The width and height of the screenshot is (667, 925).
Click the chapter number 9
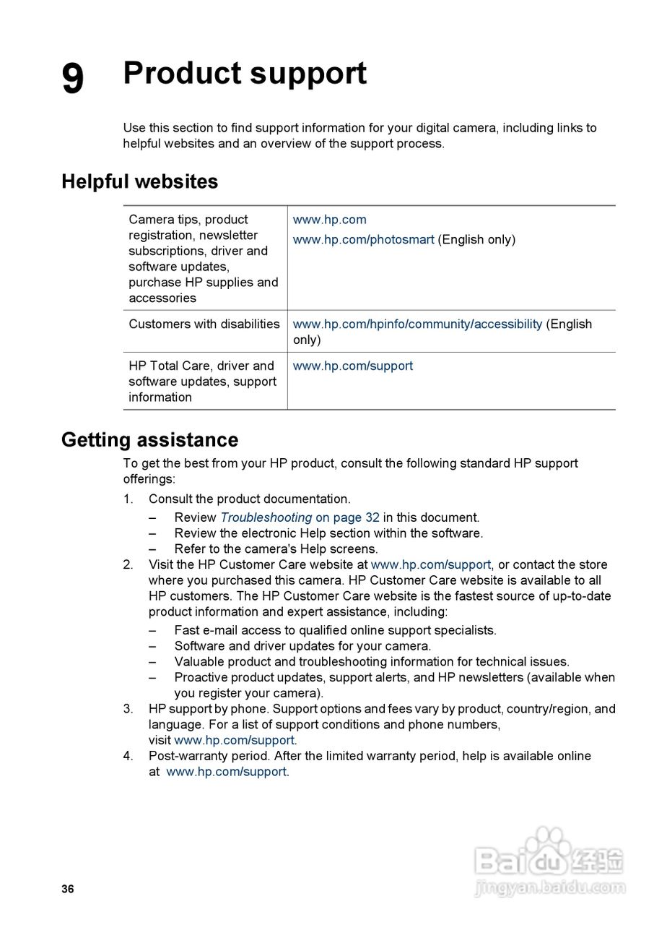click(72, 78)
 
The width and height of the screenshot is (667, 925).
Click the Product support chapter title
click(245, 73)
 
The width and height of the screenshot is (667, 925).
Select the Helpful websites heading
click(139, 181)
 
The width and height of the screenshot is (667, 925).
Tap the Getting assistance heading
click(149, 439)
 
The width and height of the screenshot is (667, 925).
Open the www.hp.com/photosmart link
click(363, 239)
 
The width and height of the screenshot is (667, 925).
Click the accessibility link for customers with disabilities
click(417, 324)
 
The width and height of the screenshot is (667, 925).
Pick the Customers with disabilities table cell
click(204, 324)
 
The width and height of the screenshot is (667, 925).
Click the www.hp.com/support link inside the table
click(352, 366)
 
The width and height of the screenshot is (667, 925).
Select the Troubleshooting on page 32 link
click(300, 517)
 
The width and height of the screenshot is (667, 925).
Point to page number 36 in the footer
click(68, 889)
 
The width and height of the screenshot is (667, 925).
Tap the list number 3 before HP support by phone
click(128, 709)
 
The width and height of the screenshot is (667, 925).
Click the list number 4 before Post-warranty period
click(128, 755)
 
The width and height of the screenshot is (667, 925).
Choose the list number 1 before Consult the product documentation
click(128, 499)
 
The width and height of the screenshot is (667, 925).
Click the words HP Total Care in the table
click(171, 366)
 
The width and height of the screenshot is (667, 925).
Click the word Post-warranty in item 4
click(189, 755)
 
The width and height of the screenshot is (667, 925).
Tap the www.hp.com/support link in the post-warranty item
click(226, 771)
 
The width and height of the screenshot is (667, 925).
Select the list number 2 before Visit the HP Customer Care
click(128, 564)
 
